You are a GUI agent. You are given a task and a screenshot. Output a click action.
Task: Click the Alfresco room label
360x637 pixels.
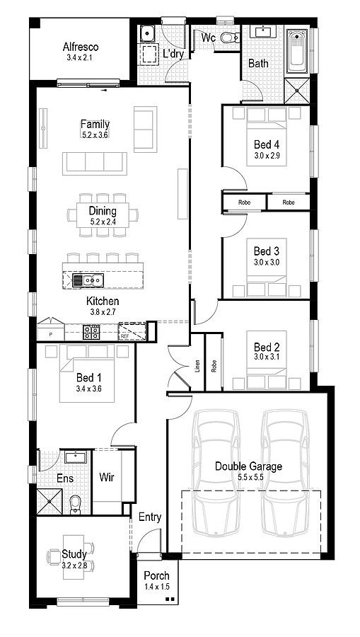(x=81, y=47)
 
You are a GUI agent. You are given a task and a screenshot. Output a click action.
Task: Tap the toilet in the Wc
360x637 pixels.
(x=229, y=38)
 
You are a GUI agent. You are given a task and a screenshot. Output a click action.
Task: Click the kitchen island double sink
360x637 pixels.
(x=88, y=280)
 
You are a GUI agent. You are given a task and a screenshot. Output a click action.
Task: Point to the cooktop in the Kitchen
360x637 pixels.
(x=91, y=332)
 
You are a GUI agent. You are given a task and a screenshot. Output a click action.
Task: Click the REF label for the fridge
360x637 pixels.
(x=123, y=336)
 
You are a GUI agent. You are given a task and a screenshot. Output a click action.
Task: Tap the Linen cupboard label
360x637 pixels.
(x=197, y=366)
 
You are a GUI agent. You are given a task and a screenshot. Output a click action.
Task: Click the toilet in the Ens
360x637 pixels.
(x=76, y=504)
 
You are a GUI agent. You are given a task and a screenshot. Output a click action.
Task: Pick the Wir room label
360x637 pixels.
(x=106, y=477)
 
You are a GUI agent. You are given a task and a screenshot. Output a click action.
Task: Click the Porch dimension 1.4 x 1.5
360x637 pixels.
(x=157, y=586)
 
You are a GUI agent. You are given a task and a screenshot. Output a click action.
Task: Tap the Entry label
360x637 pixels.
(x=150, y=517)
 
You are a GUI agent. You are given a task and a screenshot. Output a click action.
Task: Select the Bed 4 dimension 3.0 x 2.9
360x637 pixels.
(x=267, y=155)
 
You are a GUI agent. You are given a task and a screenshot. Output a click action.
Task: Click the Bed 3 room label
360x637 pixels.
(x=267, y=251)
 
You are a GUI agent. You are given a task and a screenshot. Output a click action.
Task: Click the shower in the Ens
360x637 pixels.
(x=50, y=503)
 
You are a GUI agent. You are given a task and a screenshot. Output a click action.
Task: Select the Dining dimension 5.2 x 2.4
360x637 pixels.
(x=103, y=222)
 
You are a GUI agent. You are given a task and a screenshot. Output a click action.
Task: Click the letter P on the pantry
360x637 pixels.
(x=51, y=334)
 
